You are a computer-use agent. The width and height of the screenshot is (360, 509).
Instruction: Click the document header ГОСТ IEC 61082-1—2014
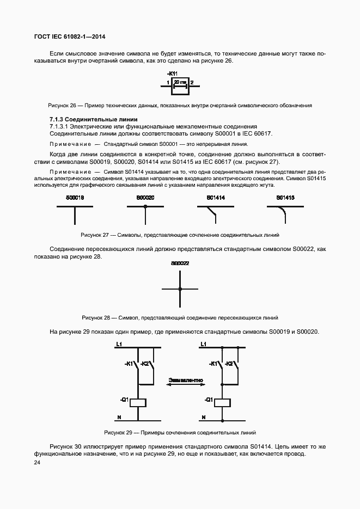[70, 37]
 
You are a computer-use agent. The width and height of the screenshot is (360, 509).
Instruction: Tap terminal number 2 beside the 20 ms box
[192, 82]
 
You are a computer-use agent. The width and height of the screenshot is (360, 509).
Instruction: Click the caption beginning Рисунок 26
[180, 105]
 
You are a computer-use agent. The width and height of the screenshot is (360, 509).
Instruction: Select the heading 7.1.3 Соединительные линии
[86, 119]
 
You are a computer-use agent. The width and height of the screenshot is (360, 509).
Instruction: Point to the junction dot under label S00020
[145, 207]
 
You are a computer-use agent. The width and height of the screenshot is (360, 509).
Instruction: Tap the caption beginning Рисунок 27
[180, 235]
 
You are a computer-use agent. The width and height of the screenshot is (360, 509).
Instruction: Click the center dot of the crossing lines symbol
[180, 289]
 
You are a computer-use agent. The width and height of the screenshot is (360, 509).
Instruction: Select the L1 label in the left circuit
[119, 344]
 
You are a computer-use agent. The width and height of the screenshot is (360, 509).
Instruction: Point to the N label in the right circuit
[204, 418]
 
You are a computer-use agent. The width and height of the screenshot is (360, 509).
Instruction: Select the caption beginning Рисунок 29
[180, 433]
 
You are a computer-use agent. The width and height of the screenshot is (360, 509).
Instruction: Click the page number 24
[37, 463]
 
